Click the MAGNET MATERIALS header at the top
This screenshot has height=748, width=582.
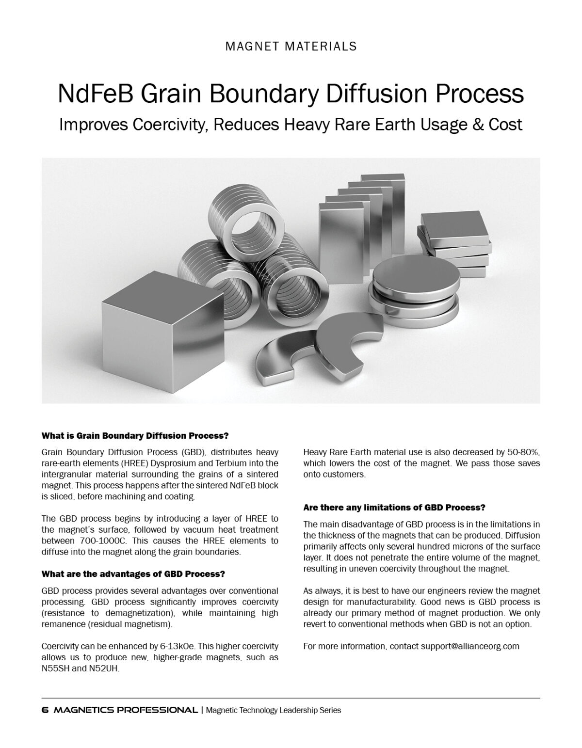(291, 46)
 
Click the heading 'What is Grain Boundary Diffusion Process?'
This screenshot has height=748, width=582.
(135, 435)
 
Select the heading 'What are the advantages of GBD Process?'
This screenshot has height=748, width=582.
(133, 574)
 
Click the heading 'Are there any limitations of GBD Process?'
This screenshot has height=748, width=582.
(394, 508)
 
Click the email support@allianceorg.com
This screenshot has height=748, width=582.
(470, 646)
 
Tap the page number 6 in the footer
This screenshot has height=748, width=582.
(45, 710)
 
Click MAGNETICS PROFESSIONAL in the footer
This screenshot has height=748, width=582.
(126, 710)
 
